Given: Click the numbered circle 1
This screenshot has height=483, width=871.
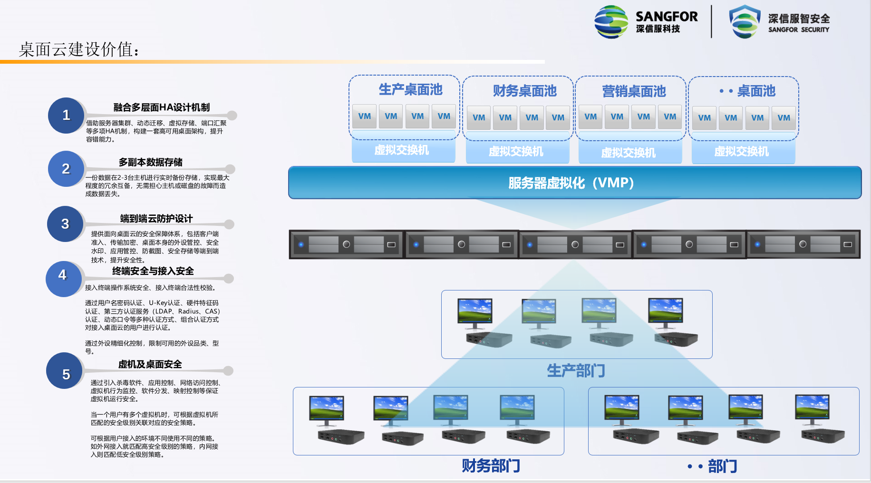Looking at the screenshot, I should pos(66,116).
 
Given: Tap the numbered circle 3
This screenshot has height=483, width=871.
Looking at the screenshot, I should pos(65,224).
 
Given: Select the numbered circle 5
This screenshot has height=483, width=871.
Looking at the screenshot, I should pos(65,374).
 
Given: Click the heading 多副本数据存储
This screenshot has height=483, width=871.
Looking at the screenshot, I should pos(150,163).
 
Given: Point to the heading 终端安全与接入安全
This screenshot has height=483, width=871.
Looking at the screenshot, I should pos(153,271).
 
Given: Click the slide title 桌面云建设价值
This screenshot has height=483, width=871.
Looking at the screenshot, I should pos(78,49).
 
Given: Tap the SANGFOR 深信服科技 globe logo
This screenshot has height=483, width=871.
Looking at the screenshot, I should pos(611,22).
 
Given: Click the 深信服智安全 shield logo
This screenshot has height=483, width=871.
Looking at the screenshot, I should pos(745,22).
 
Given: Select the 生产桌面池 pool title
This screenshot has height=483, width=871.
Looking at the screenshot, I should pos(410,90).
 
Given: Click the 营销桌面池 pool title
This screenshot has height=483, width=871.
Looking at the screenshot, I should pos(634,91).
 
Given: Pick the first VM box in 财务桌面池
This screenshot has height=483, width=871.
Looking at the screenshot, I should pos(479,117).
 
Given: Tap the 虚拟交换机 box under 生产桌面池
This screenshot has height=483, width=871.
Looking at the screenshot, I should pos(402,150).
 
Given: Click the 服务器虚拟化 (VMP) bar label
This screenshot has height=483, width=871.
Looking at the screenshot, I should pos(571,183).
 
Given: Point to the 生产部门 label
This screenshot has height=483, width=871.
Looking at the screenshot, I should pos(576,371).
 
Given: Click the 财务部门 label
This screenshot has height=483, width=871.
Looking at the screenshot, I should pos(491,466).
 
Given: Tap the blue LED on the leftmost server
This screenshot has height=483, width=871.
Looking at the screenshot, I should pos(301,244).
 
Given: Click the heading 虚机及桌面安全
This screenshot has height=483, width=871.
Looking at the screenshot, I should pos(150,365).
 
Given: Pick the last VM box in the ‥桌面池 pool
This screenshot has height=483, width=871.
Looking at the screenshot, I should pos(784,118).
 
